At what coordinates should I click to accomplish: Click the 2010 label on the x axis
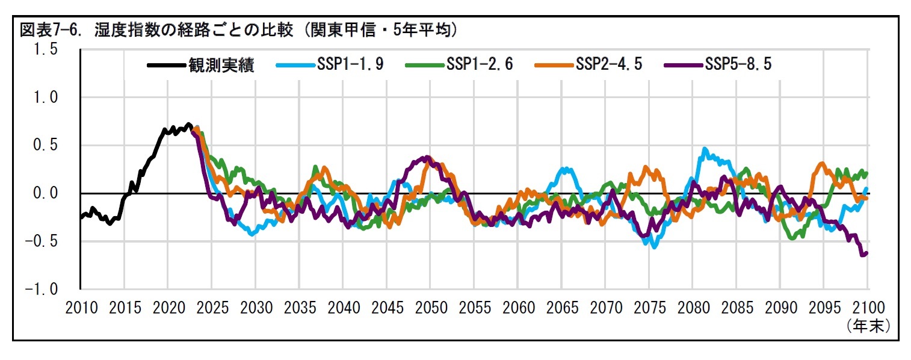point(81,308)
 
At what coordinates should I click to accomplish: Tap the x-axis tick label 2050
point(431,308)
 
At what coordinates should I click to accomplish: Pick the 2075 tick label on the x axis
point(649,308)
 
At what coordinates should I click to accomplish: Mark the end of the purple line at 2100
point(866,253)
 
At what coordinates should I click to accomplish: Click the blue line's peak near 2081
point(705,149)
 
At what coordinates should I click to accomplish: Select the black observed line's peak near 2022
point(188,125)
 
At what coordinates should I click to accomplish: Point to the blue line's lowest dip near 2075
point(653,246)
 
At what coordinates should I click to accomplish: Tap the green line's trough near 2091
point(792,238)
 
